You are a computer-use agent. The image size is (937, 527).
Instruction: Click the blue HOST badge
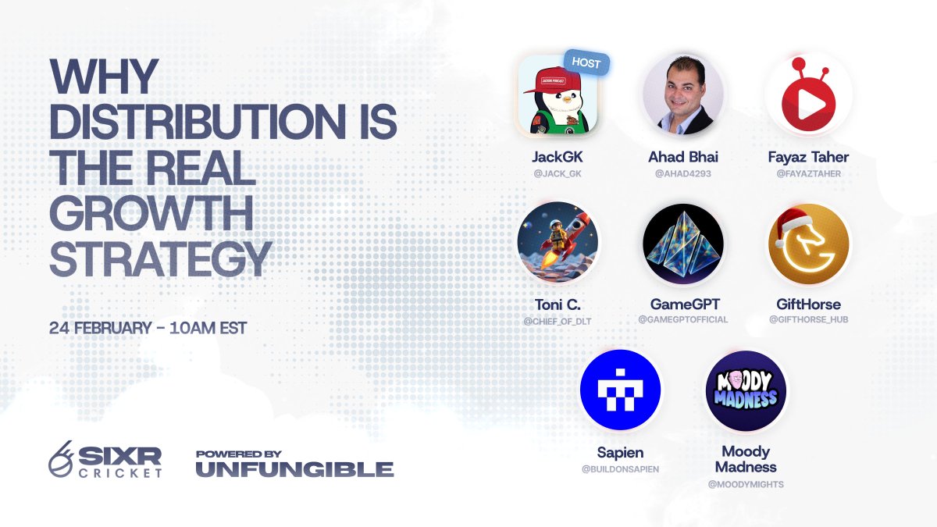(x=586, y=63)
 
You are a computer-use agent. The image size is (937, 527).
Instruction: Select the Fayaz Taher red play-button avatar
(x=808, y=95)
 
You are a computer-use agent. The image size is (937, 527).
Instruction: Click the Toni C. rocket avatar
(x=558, y=242)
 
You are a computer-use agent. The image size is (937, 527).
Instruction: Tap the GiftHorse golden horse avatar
(x=808, y=242)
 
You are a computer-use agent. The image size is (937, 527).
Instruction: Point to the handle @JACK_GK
(x=558, y=173)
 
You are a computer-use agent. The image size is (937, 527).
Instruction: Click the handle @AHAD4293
(x=683, y=173)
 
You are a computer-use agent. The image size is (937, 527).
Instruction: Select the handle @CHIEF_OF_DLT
(x=558, y=319)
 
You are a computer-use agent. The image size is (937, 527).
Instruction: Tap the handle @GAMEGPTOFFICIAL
(x=683, y=319)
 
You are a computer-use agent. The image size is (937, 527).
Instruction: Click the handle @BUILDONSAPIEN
(x=621, y=468)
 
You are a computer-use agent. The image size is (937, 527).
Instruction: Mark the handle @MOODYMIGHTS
(x=746, y=484)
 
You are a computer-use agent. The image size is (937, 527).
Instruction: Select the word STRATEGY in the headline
(x=160, y=258)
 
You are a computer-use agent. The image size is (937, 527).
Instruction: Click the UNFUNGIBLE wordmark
(x=294, y=469)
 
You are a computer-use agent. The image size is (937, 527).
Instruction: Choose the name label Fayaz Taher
(x=808, y=157)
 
